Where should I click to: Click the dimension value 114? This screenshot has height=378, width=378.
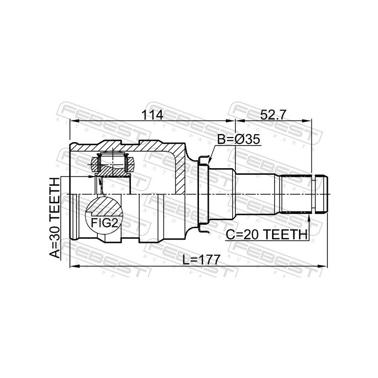click(152, 115)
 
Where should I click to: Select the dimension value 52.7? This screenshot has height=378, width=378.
click(273, 115)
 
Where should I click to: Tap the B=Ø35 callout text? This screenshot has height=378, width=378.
click(239, 139)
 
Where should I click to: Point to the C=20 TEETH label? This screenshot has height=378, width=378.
click(266, 234)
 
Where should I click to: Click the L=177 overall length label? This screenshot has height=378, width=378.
click(201, 259)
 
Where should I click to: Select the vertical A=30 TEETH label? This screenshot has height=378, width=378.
click(54, 218)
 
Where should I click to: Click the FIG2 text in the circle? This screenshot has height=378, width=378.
click(104, 223)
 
